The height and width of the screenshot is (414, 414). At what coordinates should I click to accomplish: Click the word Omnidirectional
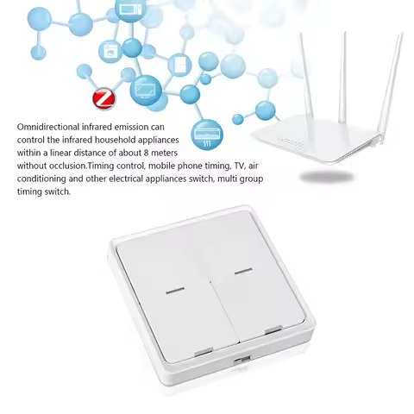[51, 127]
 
